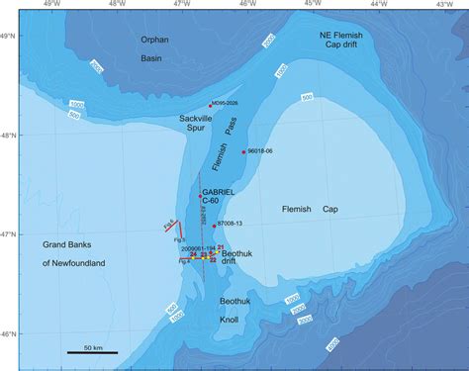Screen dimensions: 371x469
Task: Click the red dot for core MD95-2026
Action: point(211,106)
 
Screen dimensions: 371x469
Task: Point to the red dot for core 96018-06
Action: point(243,151)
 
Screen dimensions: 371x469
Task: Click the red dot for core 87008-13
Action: point(214,225)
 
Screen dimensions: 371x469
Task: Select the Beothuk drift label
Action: point(241,260)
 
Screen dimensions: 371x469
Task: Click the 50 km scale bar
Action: point(93,351)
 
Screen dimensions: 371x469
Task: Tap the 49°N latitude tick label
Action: point(8,36)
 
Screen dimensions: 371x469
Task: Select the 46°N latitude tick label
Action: point(8,334)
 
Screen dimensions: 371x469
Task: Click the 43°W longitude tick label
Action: point(442,5)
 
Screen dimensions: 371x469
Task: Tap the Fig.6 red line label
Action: point(169,227)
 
